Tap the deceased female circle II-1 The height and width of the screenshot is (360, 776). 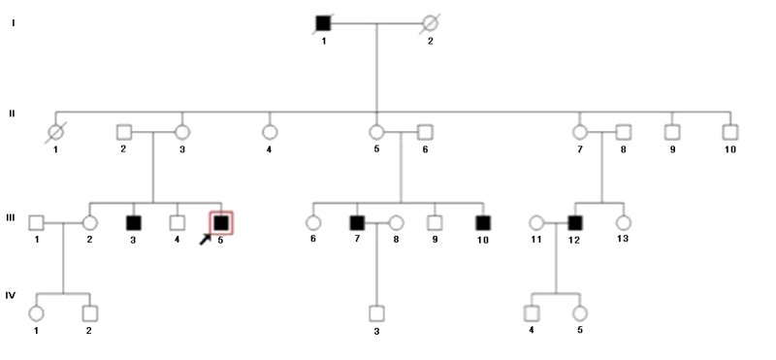(56, 131)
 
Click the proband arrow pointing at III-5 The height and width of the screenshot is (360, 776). (205, 238)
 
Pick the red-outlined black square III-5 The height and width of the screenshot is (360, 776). (221, 223)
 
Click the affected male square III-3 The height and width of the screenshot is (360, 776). (135, 222)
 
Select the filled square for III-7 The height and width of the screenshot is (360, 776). (357, 222)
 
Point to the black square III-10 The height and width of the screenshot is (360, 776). (482, 222)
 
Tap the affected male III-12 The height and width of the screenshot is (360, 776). (574, 222)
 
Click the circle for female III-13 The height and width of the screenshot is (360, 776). (623, 222)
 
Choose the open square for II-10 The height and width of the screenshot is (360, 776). (729, 131)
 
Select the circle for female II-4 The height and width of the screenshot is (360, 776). (270, 131)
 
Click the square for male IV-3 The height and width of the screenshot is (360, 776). (376, 312)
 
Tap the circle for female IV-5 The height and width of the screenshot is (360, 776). (580, 312)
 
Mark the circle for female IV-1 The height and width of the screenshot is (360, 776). (37, 312)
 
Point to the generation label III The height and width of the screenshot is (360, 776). (11, 217)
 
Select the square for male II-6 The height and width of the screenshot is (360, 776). (425, 131)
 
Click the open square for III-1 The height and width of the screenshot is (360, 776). (36, 222)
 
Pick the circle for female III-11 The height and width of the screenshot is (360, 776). (536, 222)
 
